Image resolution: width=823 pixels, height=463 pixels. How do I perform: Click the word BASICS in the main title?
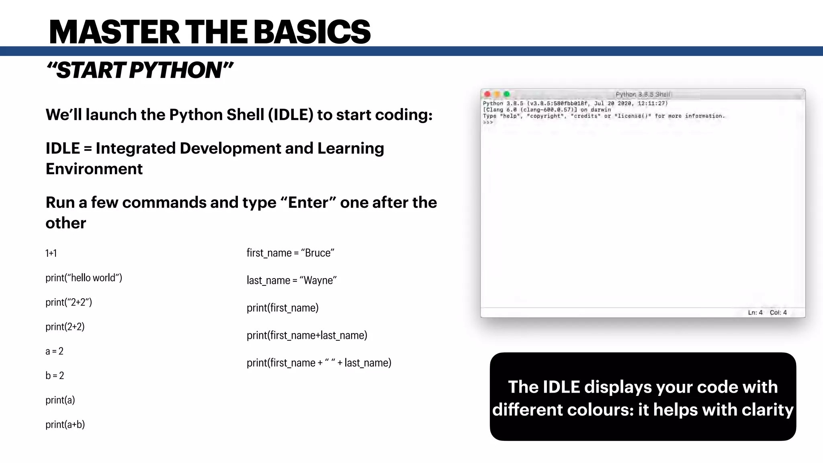pyautogui.click(x=312, y=32)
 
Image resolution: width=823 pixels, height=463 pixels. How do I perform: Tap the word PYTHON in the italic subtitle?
pyautogui.click(x=176, y=70)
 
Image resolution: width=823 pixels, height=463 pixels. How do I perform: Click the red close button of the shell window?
pyautogui.click(x=487, y=94)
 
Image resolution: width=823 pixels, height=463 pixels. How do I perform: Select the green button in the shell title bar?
pyautogui.click(x=507, y=94)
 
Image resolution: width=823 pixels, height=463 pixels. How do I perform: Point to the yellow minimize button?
pyautogui.click(x=497, y=94)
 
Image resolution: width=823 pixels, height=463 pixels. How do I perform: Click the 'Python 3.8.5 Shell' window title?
pyautogui.click(x=643, y=94)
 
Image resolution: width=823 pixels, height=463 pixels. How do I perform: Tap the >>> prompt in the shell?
pyautogui.click(x=488, y=122)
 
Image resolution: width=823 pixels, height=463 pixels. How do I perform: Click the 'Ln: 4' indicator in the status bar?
pyautogui.click(x=755, y=312)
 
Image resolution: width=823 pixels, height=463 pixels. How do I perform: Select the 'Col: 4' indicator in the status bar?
pyautogui.click(x=778, y=312)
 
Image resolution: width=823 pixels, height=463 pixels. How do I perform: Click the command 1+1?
pyautogui.click(x=51, y=253)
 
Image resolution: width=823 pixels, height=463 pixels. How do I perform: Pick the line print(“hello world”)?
pyautogui.click(x=84, y=278)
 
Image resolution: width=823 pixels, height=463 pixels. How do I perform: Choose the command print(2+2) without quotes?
pyautogui.click(x=65, y=327)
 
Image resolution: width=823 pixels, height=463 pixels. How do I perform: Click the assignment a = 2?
pyautogui.click(x=54, y=351)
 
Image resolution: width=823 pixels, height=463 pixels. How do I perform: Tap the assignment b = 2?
pyautogui.click(x=55, y=376)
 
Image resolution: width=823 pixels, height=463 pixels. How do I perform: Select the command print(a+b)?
pyautogui.click(x=65, y=424)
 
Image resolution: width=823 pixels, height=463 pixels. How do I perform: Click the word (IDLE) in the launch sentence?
pyautogui.click(x=291, y=115)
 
